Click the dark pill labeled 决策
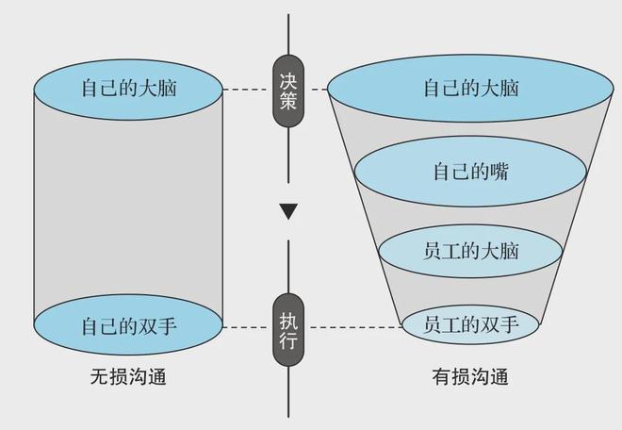tap(288, 91)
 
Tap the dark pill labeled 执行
tap(288, 330)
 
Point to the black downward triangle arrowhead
tap(288, 211)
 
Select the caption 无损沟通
tap(128, 376)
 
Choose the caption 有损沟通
tap(470, 376)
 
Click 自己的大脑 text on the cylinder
tap(129, 88)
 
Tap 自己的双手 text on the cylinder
tap(129, 326)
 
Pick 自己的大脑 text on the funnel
tap(471, 88)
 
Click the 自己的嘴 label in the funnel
tap(471, 172)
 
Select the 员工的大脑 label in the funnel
tap(471, 251)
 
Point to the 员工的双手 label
tap(471, 324)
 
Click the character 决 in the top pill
tap(288, 80)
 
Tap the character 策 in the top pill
tap(288, 101)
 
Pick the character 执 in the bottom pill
tap(288, 320)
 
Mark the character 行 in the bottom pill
tap(288, 339)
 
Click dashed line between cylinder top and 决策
tap(248, 90)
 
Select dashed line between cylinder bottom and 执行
tap(248, 327)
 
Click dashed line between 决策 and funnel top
tap(316, 90)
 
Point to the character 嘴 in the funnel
tap(499, 172)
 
